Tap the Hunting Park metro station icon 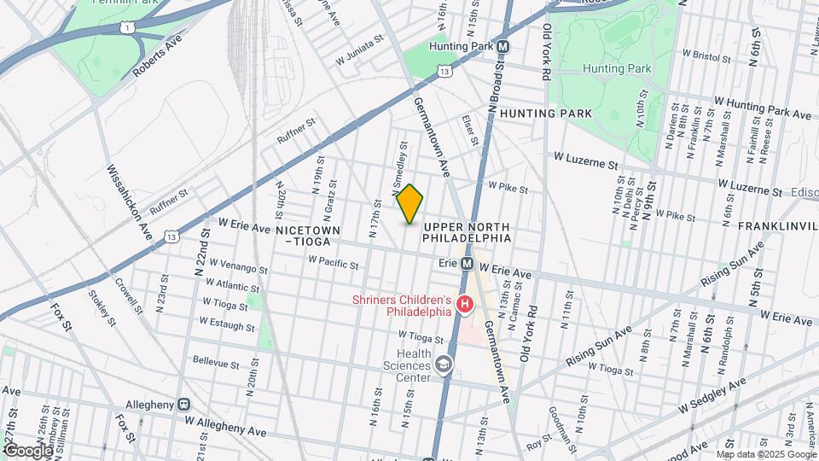pyautogui.click(x=503, y=47)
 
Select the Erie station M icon pyautogui.click(x=468, y=264)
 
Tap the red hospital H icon pyautogui.click(x=465, y=304)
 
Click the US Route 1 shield pyautogui.click(x=127, y=28)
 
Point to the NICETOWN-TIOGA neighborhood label pyautogui.click(x=307, y=236)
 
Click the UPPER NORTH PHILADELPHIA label pyautogui.click(x=466, y=231)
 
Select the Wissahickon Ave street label pyautogui.click(x=127, y=201)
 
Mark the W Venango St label pyautogui.click(x=238, y=266)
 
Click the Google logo pyautogui.click(x=28, y=451)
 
